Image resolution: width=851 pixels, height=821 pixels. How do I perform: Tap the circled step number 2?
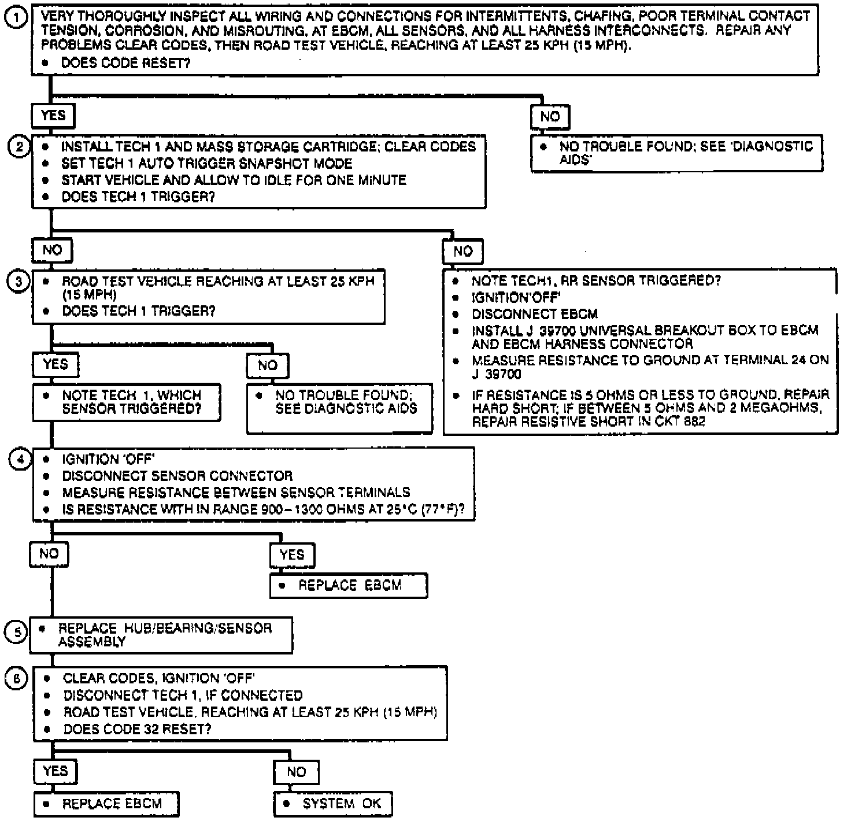(18, 147)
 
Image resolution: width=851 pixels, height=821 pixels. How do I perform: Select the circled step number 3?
(18, 282)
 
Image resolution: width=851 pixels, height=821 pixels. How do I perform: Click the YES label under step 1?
(53, 116)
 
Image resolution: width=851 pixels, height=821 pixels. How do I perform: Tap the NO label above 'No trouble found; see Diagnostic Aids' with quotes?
(550, 117)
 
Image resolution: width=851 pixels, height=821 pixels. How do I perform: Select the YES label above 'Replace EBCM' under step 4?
(292, 555)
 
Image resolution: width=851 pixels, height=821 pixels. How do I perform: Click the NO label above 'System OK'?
(297, 772)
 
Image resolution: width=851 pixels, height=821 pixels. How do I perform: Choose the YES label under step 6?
(55, 771)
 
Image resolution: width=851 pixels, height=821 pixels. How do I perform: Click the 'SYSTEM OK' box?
(334, 804)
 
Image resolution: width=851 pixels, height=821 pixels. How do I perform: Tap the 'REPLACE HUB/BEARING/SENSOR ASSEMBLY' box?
(161, 635)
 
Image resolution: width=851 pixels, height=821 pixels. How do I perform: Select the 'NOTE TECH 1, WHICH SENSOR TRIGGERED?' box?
(127, 402)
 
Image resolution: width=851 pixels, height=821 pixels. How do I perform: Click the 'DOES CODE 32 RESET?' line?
(137, 729)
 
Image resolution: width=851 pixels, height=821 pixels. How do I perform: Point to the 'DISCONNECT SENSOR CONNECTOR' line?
(177, 476)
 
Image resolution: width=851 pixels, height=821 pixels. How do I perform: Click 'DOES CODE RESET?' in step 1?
(125, 63)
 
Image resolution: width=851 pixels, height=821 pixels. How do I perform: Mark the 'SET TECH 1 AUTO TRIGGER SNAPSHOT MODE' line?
(206, 164)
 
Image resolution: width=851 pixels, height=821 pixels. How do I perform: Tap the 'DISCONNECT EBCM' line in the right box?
(534, 315)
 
